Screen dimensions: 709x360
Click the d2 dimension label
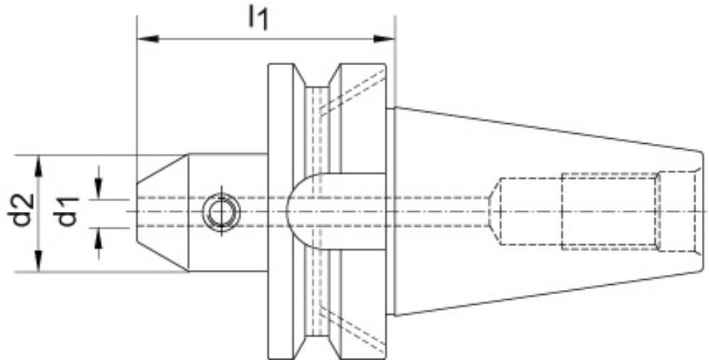[x=21, y=210]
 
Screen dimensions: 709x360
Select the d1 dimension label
[x=66, y=211]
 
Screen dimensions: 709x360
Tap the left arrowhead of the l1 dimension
[x=148, y=39]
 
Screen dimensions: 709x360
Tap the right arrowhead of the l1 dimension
[x=384, y=39]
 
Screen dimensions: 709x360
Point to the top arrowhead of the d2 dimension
[x=39, y=166]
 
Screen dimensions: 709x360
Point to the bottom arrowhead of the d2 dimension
[x=39, y=261]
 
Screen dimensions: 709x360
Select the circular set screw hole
[x=221, y=211]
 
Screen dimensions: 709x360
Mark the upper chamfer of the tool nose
[x=163, y=169]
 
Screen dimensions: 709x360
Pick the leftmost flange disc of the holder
[x=280, y=211]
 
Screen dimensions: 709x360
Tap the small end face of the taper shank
[x=700, y=211]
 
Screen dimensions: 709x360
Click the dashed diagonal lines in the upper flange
[x=352, y=93]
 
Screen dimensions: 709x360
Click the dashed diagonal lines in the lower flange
[x=352, y=330]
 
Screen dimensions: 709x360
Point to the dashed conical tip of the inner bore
[x=494, y=211]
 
